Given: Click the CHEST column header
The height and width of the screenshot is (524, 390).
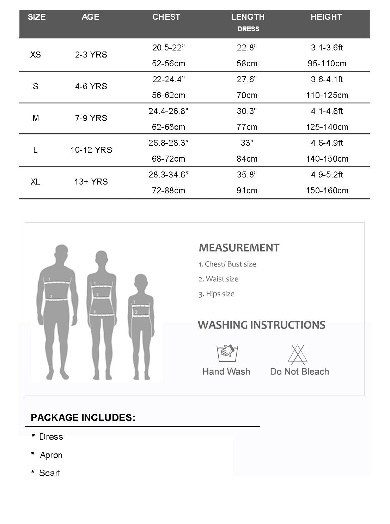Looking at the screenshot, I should tap(166, 17).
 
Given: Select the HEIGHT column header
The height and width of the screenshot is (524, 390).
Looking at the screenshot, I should tap(326, 17).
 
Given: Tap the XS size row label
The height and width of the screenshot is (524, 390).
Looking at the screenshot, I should tap(36, 55).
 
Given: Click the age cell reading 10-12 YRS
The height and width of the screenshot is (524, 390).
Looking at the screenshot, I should tap(91, 150).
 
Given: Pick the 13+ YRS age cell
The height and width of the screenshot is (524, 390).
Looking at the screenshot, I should tap(91, 182).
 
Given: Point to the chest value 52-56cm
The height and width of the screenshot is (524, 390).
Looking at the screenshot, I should tap(168, 64).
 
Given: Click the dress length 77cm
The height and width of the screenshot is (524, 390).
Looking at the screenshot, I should tap(247, 127).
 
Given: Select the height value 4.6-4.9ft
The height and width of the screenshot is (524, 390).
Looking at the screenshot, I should tap(327, 143).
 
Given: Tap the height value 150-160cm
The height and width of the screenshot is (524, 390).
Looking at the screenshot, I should tap(327, 191).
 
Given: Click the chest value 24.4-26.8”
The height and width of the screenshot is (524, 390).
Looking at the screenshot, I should tap(168, 111).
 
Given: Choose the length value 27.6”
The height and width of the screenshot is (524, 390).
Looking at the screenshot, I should tap(247, 79).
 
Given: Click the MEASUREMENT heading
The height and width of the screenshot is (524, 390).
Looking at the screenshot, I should tap(239, 248).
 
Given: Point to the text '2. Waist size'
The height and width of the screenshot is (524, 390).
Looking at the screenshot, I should tap(218, 279).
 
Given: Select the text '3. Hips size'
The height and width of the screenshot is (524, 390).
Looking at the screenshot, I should tap(216, 294).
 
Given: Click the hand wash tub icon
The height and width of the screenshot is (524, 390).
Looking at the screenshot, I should tap(226, 353).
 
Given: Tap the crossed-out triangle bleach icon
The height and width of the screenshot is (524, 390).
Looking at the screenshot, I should tap(298, 354).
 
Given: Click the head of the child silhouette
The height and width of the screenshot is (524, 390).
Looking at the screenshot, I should tap(141, 282).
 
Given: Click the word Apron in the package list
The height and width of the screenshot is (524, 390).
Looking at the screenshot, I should tap(51, 455).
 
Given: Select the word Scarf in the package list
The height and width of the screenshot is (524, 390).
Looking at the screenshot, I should tap(50, 473).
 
